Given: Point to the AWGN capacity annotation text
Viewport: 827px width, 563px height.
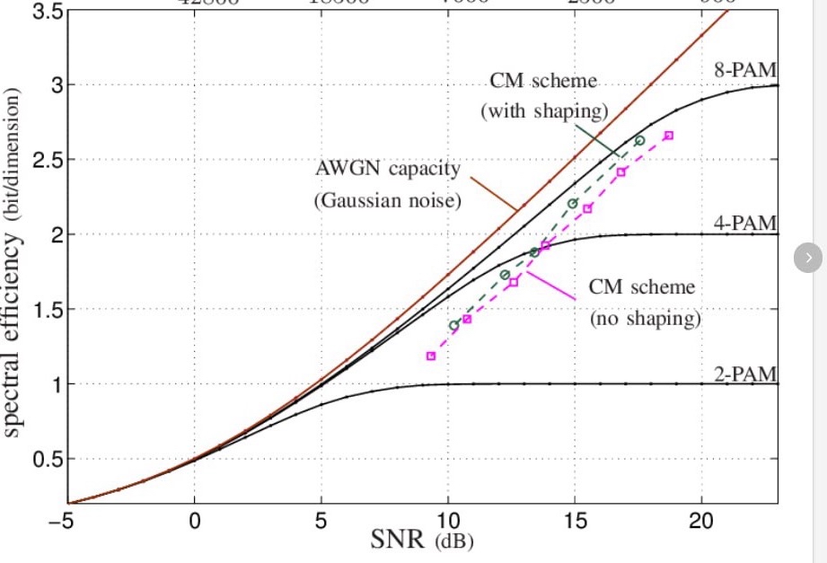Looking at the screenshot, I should coord(387,184).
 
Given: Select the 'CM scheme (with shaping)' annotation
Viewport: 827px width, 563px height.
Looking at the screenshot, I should coord(543,96).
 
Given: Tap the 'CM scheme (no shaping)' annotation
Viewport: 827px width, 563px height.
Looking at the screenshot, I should coord(644,303).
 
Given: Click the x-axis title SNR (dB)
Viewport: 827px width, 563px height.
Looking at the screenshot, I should coord(422,541).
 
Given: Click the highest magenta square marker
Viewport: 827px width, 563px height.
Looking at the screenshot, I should coord(669,136).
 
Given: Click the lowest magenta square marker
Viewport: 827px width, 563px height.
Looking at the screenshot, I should coord(431,356).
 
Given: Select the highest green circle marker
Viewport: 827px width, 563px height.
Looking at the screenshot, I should coord(639,140).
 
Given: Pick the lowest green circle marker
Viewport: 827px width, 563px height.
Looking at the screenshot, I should coord(454,325).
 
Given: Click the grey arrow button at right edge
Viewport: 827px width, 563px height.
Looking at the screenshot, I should coord(808,258).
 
